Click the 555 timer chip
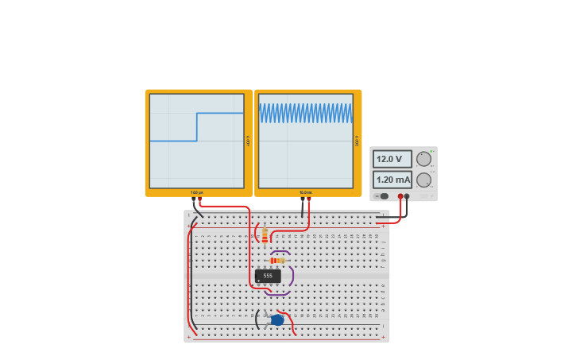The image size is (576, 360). click(268, 276)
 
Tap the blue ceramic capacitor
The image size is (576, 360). click(277, 320)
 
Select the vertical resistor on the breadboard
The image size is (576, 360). click(265, 234)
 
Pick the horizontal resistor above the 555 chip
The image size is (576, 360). click(277, 260)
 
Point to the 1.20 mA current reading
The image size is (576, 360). click(392, 180)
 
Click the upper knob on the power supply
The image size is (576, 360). click(423, 159)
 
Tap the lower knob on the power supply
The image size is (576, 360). click(423, 180)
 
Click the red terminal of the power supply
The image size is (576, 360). click(400, 195)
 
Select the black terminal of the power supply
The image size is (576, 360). click(407, 195)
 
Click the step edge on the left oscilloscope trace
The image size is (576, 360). click(197, 127)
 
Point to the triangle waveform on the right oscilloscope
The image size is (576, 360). click(306, 114)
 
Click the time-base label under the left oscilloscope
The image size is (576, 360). click(196, 192)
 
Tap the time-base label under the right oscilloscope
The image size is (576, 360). click(306, 192)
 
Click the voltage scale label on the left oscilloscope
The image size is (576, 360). click(248, 141)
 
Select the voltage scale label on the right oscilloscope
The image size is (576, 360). click(358, 141)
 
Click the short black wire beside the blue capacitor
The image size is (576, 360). click(257, 319)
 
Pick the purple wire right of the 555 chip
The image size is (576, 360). click(292, 277)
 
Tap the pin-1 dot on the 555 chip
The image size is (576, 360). click(259, 281)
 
